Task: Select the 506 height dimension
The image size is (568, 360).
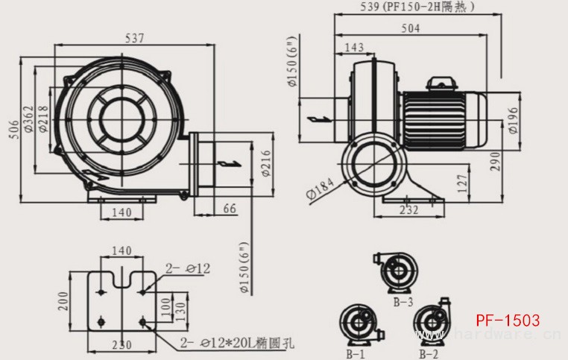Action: [13, 130]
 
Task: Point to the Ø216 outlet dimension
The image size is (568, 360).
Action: [265, 165]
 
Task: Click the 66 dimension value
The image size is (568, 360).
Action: [229, 210]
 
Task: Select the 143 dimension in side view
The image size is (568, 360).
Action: [355, 48]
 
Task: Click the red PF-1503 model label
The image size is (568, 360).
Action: [508, 320]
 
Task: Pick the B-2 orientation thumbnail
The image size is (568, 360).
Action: [432, 325]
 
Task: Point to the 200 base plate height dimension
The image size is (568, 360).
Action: [64, 300]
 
